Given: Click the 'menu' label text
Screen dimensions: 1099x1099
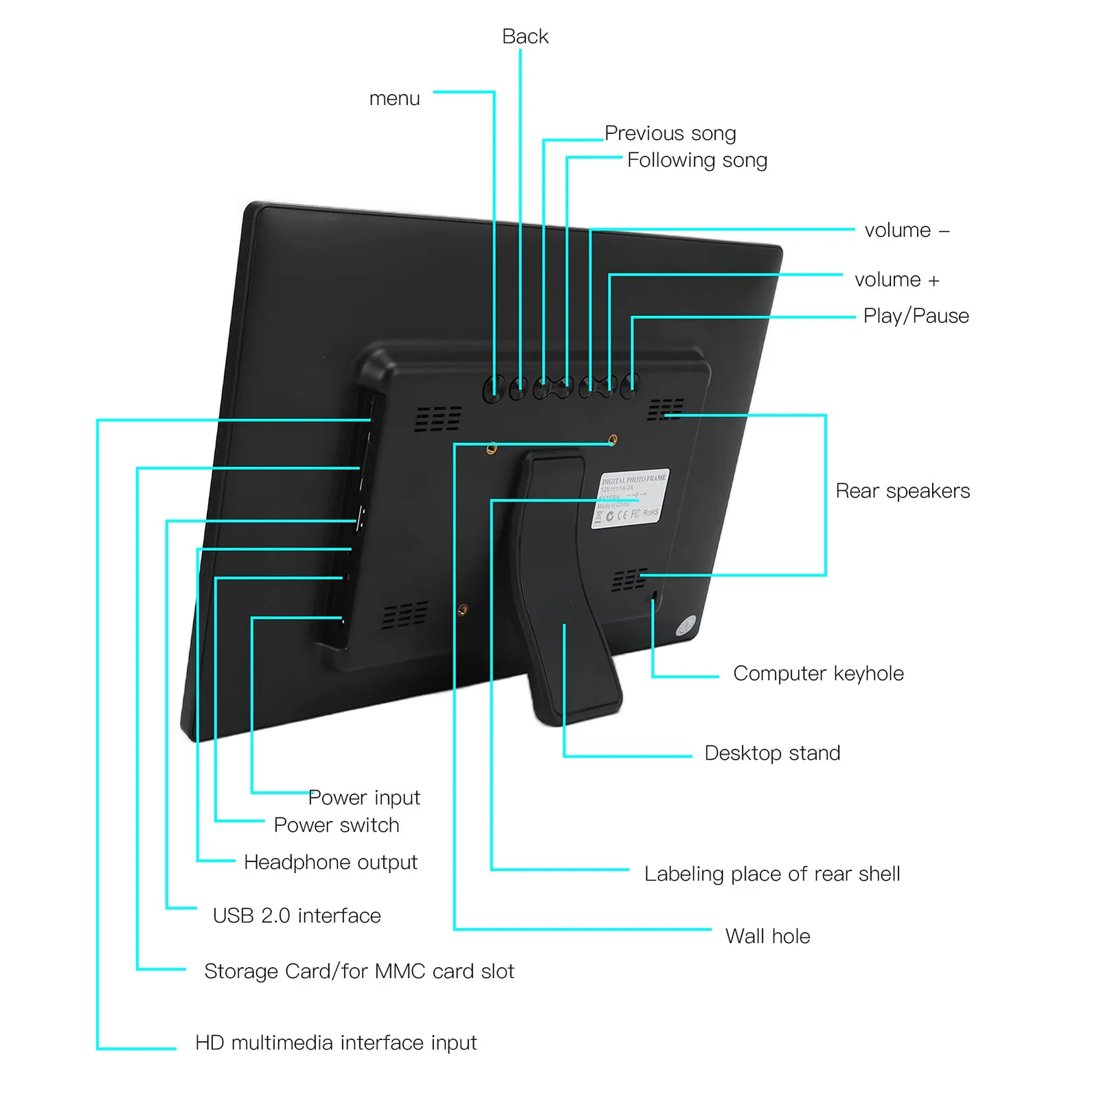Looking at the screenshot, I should click(394, 99).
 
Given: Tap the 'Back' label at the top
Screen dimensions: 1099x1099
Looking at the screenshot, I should click(525, 36).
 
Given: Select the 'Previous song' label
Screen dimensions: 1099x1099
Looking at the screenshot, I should click(670, 133).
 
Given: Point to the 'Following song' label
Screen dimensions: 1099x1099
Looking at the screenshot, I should click(696, 160).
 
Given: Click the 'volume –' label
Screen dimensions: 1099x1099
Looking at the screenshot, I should click(907, 230).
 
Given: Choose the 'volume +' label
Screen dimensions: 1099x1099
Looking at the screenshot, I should click(896, 280).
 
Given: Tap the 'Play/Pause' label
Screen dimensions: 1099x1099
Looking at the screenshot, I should click(916, 316).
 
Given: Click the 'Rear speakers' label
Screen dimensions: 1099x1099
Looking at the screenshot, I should click(903, 491).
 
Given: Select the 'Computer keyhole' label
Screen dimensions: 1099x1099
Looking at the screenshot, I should click(818, 673).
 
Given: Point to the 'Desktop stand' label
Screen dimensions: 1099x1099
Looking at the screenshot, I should click(772, 753).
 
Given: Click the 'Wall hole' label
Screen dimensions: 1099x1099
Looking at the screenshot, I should click(767, 936).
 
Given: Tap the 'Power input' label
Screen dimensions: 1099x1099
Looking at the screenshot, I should click(364, 797).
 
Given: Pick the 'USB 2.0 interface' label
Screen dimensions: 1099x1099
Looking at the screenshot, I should click(297, 916).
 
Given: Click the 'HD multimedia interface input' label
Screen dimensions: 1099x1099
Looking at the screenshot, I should click(336, 1043).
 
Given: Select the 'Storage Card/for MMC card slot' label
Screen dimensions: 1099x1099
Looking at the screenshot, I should click(359, 971).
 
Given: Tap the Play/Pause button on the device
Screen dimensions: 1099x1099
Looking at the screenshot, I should click(629, 386).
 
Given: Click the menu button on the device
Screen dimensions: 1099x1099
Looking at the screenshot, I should click(492, 389).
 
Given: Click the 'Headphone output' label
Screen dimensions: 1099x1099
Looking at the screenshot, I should click(330, 862).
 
